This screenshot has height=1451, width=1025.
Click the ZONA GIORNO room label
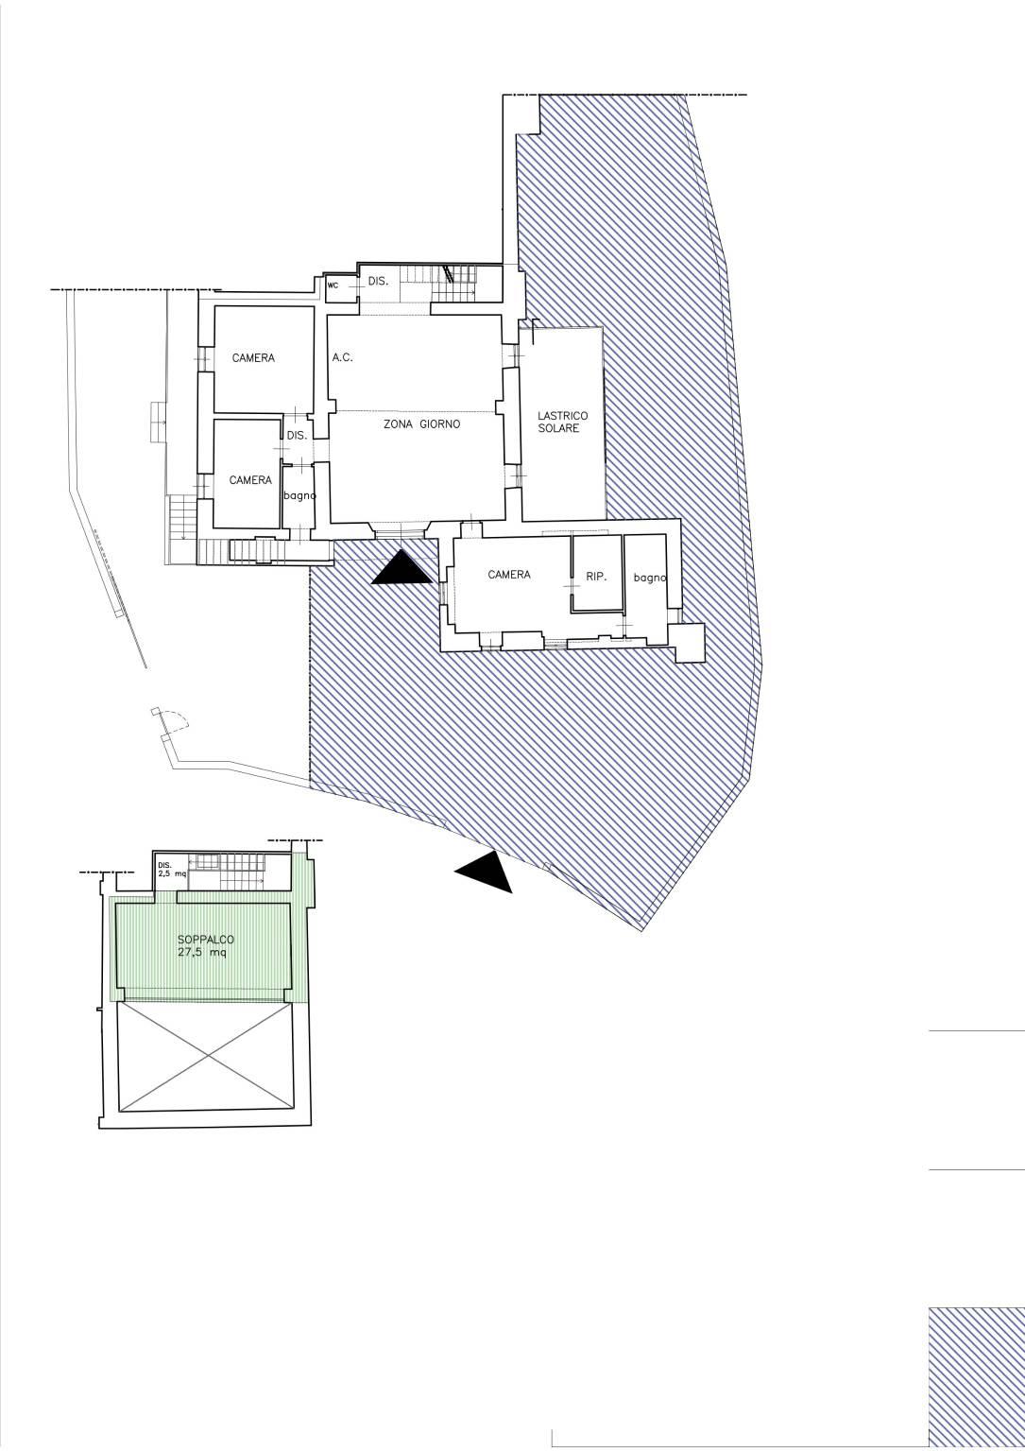(421, 424)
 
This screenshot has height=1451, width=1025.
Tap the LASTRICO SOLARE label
(562, 422)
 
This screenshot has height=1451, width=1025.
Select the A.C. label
(343, 357)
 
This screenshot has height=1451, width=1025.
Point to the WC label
(333, 285)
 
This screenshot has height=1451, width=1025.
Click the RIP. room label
(596, 577)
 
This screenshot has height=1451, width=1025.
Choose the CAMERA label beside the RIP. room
(509, 574)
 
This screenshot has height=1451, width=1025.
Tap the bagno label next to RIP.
(649, 578)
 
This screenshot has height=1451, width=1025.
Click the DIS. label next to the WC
(378, 281)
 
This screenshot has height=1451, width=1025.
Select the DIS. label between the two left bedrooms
(297, 436)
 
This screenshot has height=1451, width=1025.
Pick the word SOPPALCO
(206, 940)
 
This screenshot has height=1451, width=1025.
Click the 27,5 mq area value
(202, 952)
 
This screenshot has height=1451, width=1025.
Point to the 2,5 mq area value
(172, 872)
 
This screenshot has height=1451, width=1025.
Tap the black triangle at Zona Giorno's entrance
(401, 568)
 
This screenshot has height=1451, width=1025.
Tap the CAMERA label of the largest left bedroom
(253, 357)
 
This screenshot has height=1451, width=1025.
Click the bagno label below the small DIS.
(299, 495)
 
